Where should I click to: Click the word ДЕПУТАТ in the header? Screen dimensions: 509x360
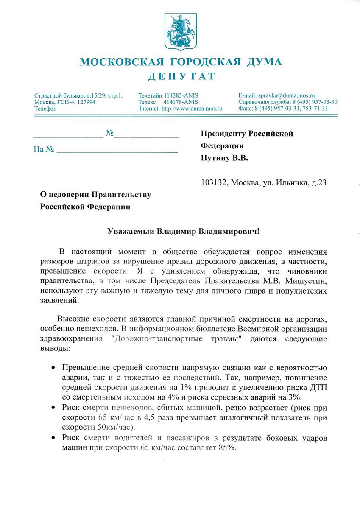181,76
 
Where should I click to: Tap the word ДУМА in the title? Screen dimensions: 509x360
262,62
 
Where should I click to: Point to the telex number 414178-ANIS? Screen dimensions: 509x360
180,102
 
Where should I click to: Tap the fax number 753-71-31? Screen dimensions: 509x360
313,109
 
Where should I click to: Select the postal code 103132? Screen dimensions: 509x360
213,183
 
